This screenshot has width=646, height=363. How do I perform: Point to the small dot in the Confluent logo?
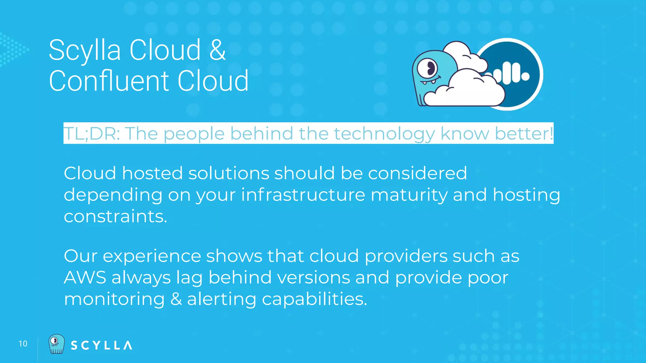[526, 76]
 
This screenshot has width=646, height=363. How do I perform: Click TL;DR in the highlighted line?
[91, 133]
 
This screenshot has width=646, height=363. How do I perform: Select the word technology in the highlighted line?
[384, 133]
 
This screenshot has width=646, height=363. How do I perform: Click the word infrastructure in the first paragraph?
[303, 194]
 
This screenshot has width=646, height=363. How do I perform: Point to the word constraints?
[115, 216]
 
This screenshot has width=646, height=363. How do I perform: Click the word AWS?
[85, 278]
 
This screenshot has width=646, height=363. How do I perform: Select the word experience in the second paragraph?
[152, 256]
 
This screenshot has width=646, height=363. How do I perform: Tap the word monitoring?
[114, 299]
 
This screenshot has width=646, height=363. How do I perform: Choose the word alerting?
[221, 299]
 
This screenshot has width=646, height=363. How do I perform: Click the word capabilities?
[314, 299]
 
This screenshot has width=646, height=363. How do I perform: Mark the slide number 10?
[23, 344]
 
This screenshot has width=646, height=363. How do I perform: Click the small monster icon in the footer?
[56, 344]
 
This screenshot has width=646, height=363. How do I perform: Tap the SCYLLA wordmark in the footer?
[101, 345]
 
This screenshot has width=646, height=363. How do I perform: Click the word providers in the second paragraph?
[406, 256]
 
